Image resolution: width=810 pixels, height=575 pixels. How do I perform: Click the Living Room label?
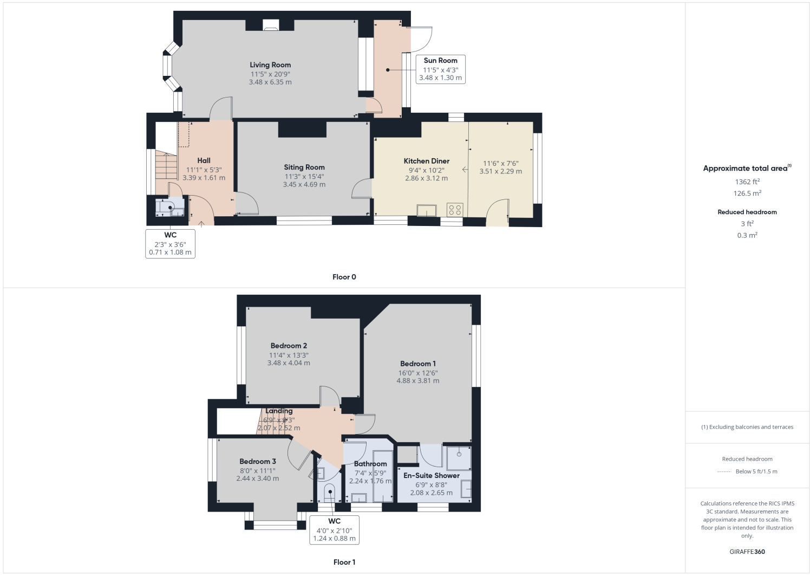click(x=270, y=65)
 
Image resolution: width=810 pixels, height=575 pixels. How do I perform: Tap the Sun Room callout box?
click(x=440, y=69)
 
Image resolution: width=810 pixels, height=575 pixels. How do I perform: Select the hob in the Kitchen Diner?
click(x=455, y=209)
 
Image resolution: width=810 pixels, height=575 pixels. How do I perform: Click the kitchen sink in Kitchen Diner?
click(x=427, y=210)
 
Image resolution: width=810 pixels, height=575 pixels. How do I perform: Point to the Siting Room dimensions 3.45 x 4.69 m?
click(x=304, y=185)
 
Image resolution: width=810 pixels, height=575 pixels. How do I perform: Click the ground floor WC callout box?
click(x=170, y=244)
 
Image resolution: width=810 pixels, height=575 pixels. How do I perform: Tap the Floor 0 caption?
click(x=344, y=277)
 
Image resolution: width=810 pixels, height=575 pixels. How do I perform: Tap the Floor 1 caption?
click(x=344, y=562)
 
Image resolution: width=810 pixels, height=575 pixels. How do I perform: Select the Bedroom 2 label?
click(x=289, y=346)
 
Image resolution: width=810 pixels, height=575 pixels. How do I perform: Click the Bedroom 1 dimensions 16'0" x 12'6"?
click(x=418, y=373)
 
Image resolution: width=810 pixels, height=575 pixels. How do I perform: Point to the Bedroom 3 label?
click(x=258, y=462)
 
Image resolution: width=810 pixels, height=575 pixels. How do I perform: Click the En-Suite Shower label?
click(x=432, y=475)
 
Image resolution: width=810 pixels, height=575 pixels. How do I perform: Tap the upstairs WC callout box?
click(x=334, y=529)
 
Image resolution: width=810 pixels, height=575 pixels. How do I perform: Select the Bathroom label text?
click(x=370, y=464)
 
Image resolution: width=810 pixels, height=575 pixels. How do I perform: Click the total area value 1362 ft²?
click(x=747, y=182)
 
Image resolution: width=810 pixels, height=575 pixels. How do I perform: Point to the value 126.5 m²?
click(x=747, y=193)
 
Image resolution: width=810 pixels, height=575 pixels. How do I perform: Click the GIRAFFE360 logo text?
click(x=747, y=552)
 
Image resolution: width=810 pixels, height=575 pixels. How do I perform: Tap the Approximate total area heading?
click(x=745, y=169)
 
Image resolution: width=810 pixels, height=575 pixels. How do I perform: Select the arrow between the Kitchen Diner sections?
click(x=465, y=170)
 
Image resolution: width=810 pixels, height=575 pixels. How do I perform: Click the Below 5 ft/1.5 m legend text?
click(x=756, y=471)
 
